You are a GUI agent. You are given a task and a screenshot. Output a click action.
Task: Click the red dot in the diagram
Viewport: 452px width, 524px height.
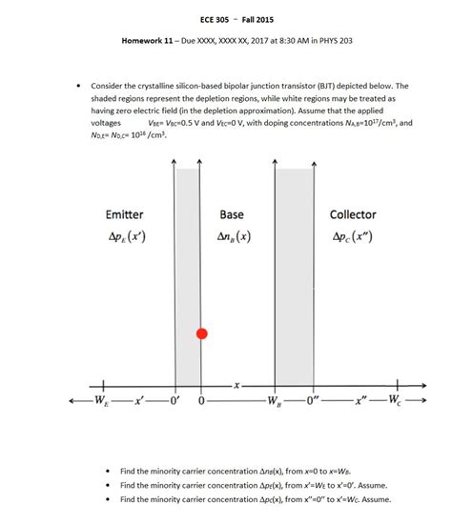click(x=201, y=333)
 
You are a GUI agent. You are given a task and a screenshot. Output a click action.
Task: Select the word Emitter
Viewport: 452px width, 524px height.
click(x=124, y=216)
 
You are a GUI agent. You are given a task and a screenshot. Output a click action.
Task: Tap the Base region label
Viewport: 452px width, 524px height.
click(x=232, y=216)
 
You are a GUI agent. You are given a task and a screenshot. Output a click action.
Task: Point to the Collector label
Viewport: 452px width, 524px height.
click(x=353, y=216)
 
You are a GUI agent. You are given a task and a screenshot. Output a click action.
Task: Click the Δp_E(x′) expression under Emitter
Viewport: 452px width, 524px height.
click(x=125, y=235)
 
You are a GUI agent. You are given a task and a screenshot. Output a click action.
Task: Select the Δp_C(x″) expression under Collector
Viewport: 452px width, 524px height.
click(x=354, y=235)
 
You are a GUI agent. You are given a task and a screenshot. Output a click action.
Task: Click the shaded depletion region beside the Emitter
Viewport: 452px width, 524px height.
click(x=188, y=276)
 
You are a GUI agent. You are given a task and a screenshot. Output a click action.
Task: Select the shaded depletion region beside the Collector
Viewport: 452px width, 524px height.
click(x=295, y=276)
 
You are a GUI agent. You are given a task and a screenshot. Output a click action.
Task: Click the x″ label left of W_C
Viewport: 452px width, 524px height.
click(x=360, y=399)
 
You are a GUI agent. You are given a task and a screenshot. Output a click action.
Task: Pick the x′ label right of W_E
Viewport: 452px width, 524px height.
click(x=140, y=399)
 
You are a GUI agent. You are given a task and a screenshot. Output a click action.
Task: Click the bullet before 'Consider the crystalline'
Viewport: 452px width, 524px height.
click(x=78, y=86)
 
